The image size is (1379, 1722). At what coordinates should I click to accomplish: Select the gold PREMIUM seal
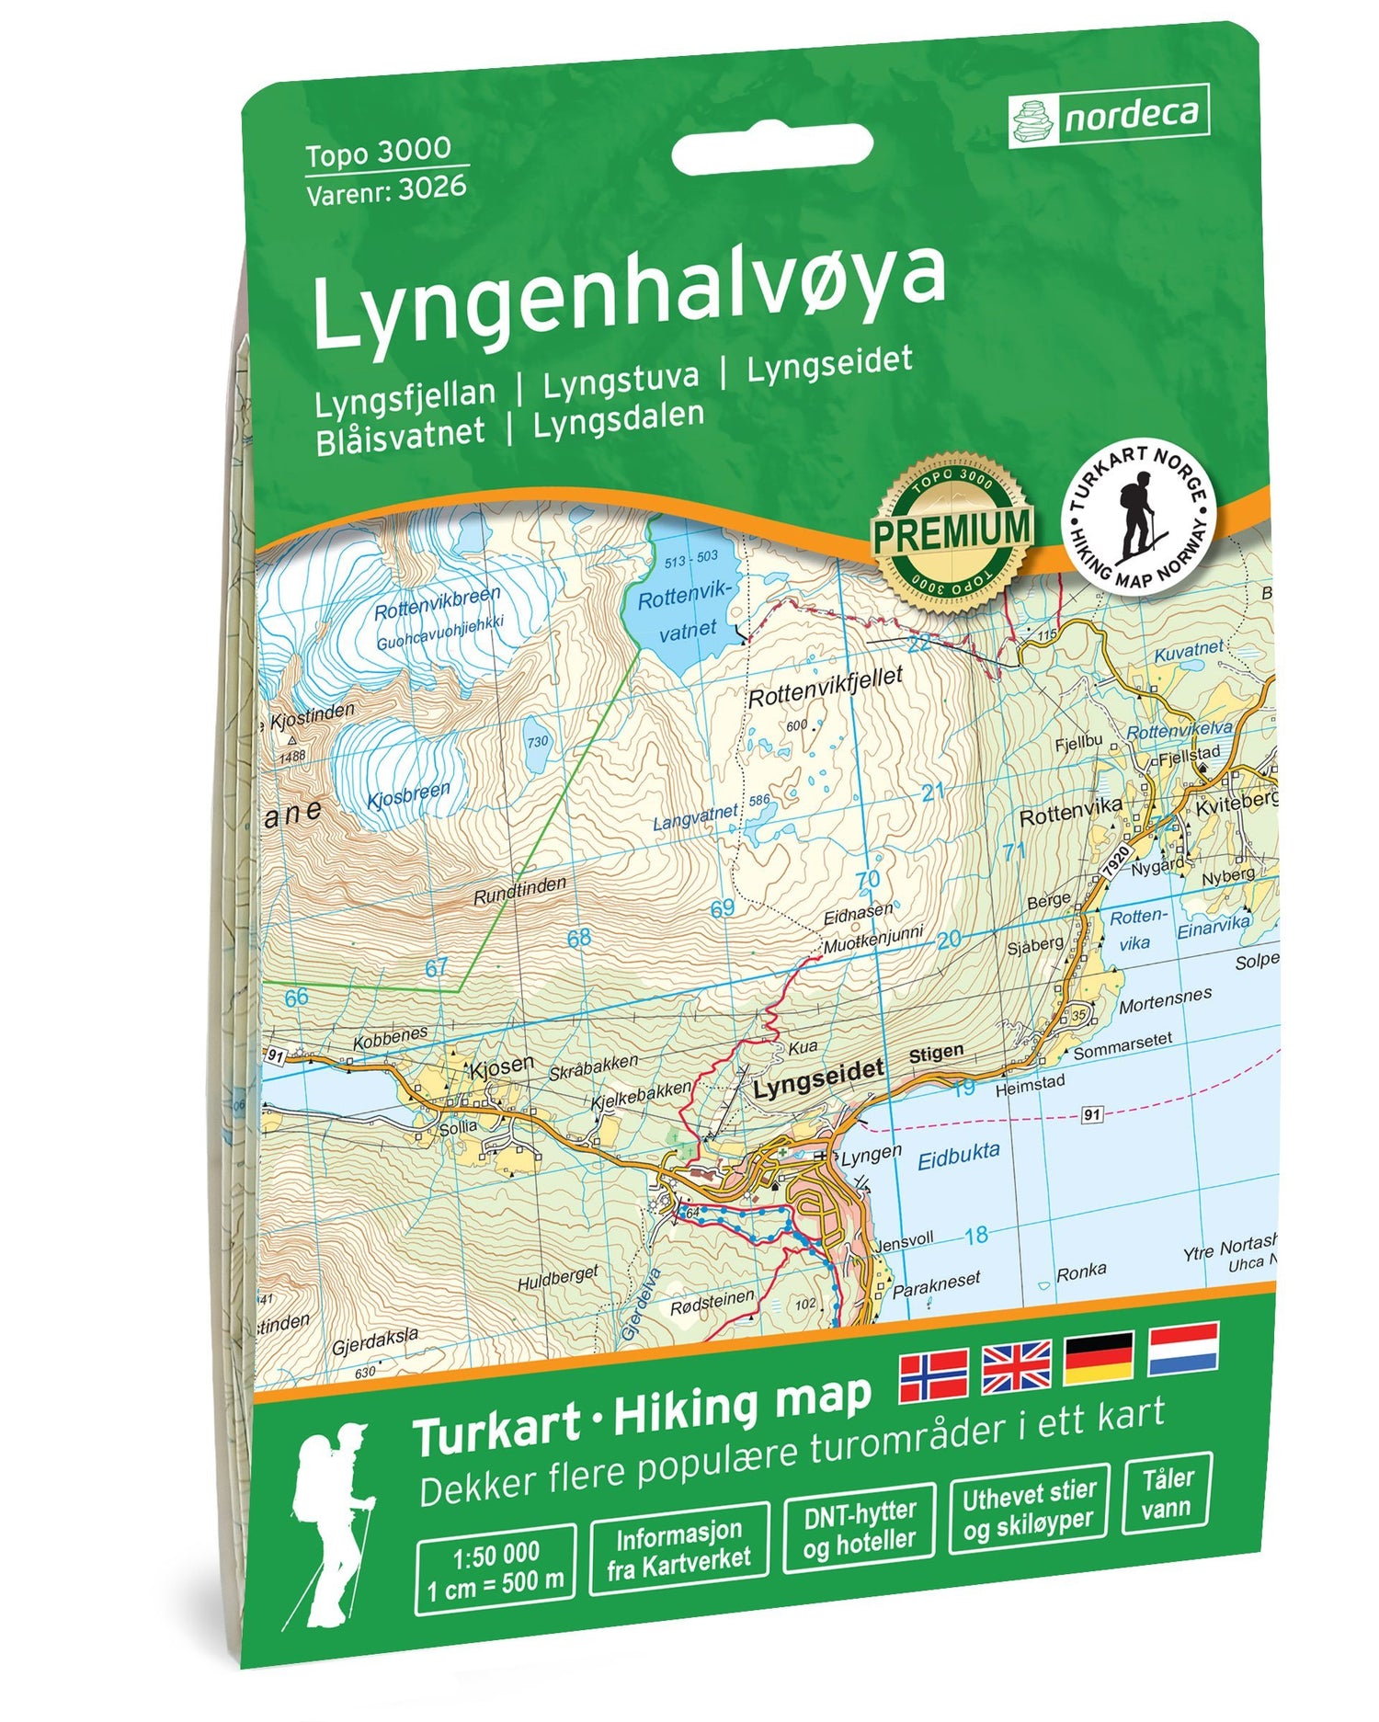pyautogui.click(x=952, y=531)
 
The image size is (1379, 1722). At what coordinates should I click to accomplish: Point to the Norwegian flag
pyautogui.click(x=933, y=1376)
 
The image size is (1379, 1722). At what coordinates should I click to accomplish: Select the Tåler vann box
pyautogui.click(x=1167, y=1493)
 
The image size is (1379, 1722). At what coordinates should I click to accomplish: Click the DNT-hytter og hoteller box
pyautogui.click(x=859, y=1528)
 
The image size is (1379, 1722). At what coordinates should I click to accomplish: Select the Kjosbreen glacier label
pyautogui.click(x=408, y=795)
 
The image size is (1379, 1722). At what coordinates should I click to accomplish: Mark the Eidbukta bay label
pyautogui.click(x=958, y=1156)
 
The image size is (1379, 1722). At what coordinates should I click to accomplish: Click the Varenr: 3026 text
pyautogui.click(x=386, y=189)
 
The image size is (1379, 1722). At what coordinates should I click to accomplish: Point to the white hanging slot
pyautogui.click(x=772, y=150)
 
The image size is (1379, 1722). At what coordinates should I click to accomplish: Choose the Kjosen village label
pyautogui.click(x=501, y=1066)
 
